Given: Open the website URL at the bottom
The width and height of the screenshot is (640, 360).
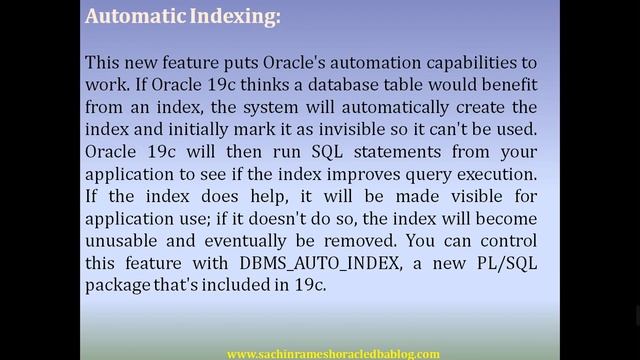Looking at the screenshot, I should (334, 353).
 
